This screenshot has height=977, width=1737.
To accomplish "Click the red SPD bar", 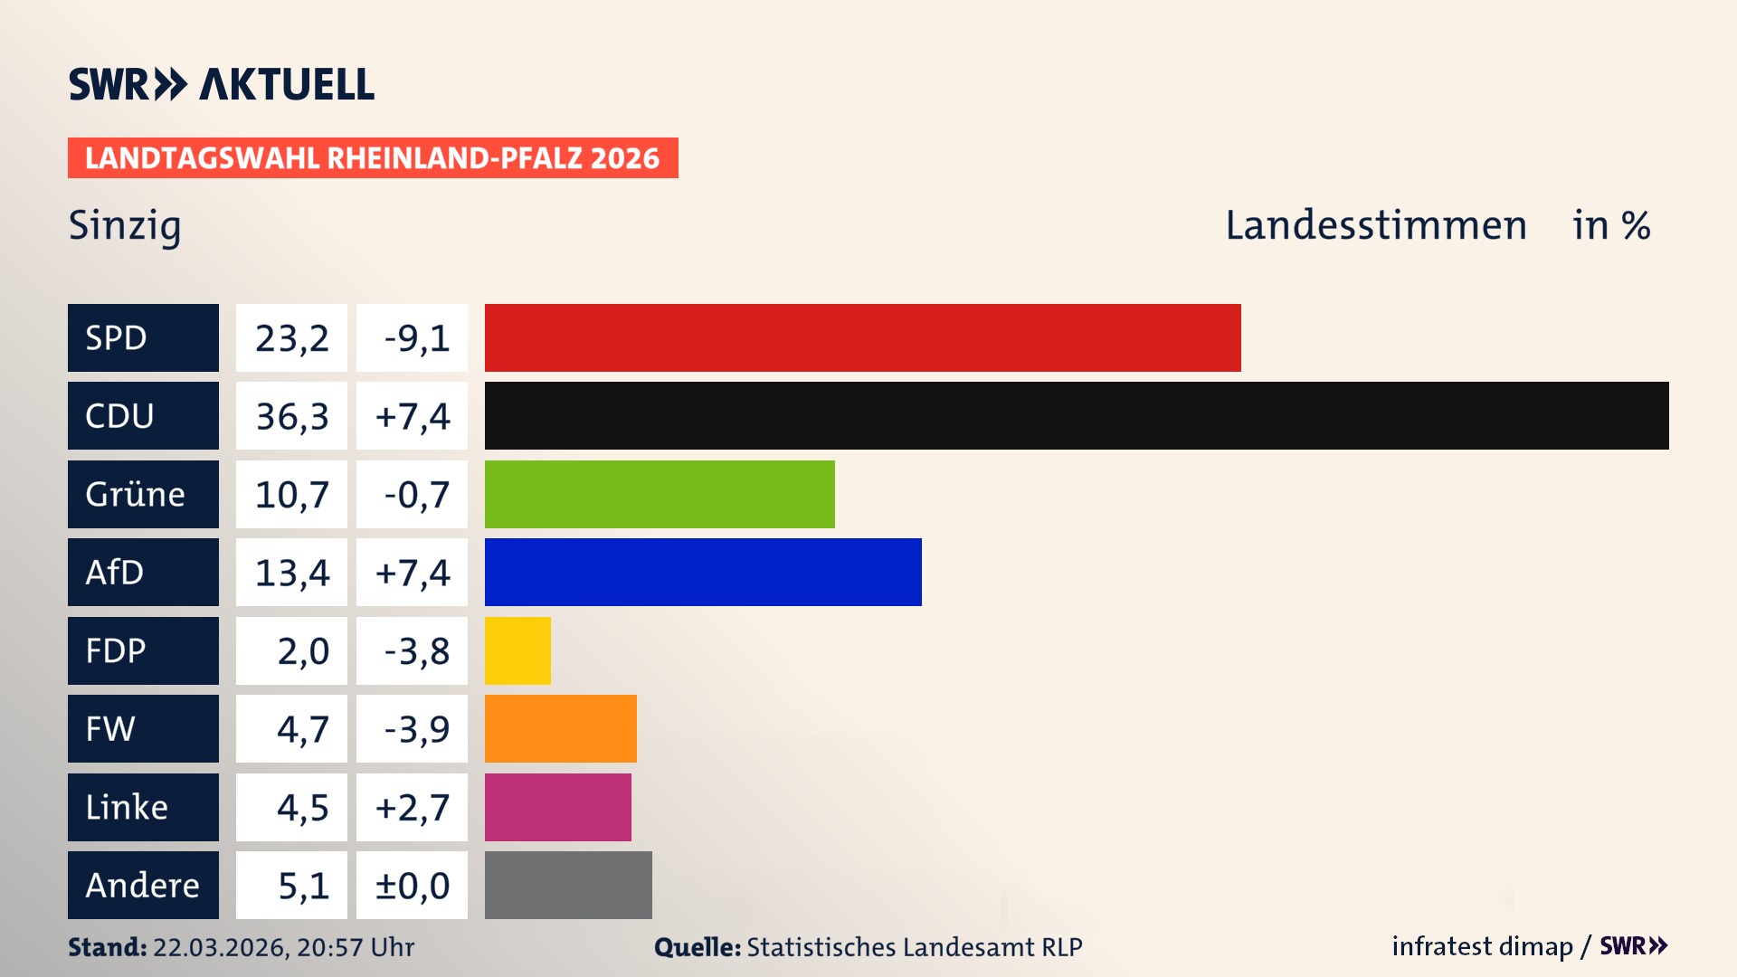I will (x=862, y=337).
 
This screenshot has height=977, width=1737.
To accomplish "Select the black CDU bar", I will (x=1077, y=416).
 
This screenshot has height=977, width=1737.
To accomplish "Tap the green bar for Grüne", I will (x=660, y=494).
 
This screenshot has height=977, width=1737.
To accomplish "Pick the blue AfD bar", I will (x=703, y=572).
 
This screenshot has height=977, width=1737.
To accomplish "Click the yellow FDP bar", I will (x=517, y=650).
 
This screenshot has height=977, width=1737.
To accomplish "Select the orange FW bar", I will (x=561, y=728).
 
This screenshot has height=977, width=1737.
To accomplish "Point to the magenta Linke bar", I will (x=558, y=807).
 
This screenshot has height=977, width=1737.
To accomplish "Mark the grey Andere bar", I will (x=568, y=885).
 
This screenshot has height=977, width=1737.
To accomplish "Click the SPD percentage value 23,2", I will (x=291, y=338).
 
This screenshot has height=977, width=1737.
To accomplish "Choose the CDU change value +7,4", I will (x=412, y=416).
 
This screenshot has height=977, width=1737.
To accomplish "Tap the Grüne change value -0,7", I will (x=416, y=495).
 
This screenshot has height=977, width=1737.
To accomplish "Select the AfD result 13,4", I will (x=291, y=573).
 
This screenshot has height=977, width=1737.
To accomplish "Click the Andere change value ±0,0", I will (x=412, y=886).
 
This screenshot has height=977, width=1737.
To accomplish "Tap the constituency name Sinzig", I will (x=125, y=226).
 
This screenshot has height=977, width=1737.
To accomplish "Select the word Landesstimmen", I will (x=1376, y=225).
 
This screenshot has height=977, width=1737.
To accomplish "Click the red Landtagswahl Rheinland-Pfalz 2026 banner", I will (x=373, y=158).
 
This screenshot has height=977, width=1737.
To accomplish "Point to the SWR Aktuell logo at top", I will (x=222, y=84).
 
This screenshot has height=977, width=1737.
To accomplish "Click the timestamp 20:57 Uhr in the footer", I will (x=356, y=947).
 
